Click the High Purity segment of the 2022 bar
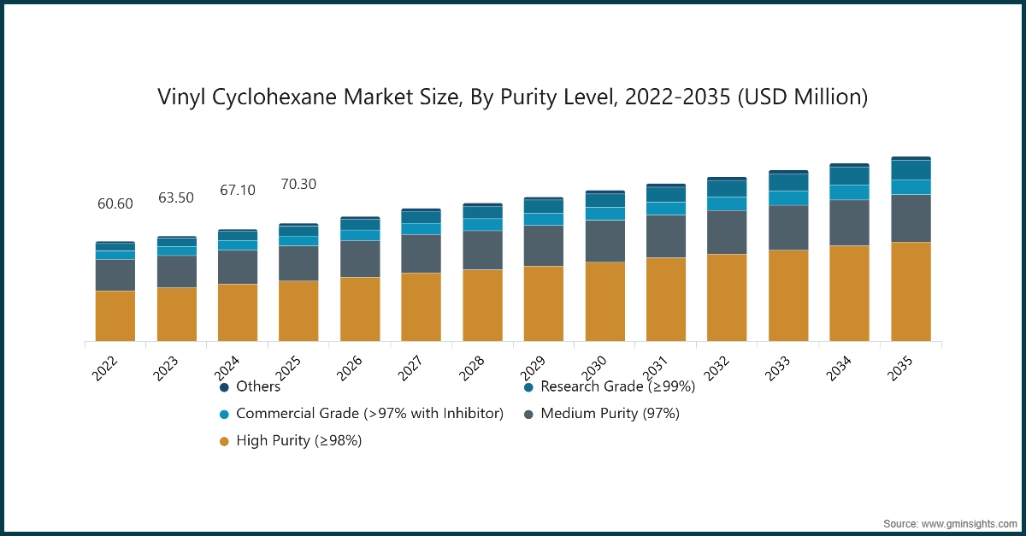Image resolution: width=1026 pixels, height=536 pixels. (x=115, y=315)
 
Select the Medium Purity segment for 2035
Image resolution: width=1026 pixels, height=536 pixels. (x=911, y=218)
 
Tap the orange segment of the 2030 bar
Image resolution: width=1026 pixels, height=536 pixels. (x=604, y=301)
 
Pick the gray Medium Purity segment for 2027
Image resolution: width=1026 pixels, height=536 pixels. (x=421, y=253)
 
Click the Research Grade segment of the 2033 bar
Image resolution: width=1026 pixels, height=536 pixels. (x=788, y=182)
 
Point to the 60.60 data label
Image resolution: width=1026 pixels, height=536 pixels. (x=115, y=204)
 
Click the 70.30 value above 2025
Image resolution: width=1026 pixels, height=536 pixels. (x=299, y=185)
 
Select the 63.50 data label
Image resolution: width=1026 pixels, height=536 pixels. (x=176, y=198)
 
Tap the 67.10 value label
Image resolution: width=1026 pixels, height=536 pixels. (x=238, y=190)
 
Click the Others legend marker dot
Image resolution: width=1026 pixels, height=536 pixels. (x=224, y=387)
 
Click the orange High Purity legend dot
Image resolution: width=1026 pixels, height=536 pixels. (x=224, y=441)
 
